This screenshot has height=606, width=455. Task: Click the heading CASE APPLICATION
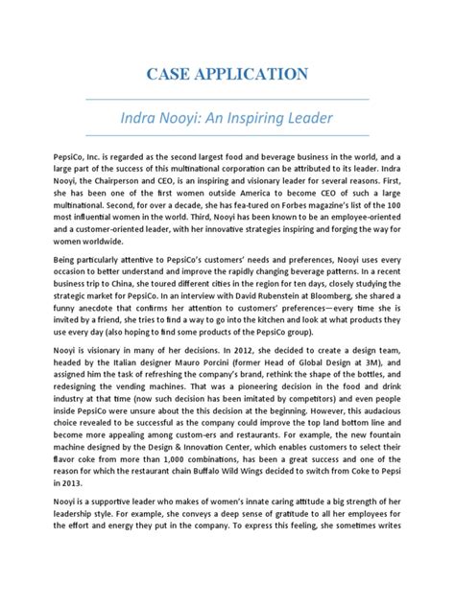tap(227, 73)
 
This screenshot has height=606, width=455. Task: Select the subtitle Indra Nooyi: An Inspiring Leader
tap(227, 118)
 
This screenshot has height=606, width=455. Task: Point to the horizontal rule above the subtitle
tap(227, 98)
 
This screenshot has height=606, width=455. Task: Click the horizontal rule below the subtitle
tap(227, 136)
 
